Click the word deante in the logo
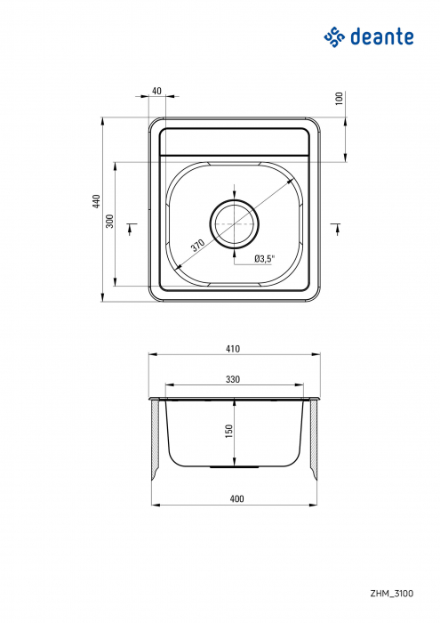tap(383, 36)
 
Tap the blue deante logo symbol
tap(333, 36)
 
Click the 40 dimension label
tap(156, 91)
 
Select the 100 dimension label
tap(339, 99)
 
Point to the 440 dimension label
tap(97, 203)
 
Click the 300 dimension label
tap(109, 222)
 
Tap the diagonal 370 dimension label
tap(196, 245)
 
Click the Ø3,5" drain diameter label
tap(264, 258)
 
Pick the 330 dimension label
tap(233, 379)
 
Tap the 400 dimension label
tap(236, 498)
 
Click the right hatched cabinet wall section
tap(314, 440)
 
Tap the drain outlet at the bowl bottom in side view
tap(234, 465)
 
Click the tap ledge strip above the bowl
tap(234, 141)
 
